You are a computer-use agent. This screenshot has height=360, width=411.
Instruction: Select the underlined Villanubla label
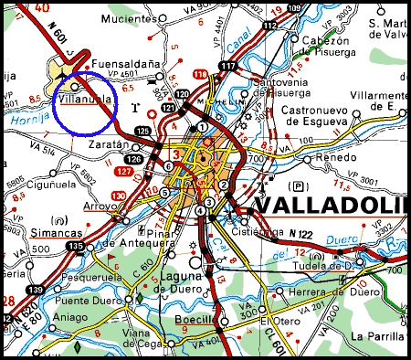coord(84,96)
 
